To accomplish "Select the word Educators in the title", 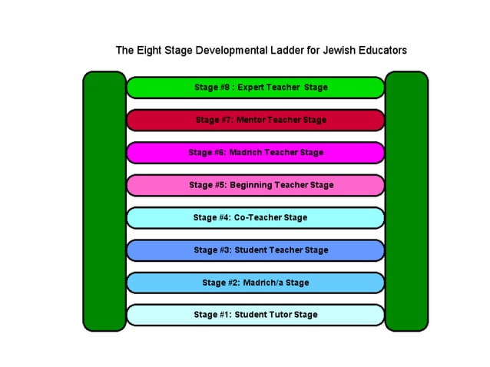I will (379, 51).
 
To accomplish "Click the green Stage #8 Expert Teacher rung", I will (255, 88).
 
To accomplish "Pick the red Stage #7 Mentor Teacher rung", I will (255, 120).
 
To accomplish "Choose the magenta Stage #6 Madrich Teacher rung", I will (255, 153).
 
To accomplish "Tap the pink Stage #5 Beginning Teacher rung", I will (255, 185).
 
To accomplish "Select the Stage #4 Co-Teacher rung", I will (255, 218).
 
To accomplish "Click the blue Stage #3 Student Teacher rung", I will (255, 250).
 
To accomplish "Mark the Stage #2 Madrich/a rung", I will (255, 283).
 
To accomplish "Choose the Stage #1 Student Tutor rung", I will (255, 315).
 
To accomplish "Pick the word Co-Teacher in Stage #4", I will (258, 218).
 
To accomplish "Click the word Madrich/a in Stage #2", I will (264, 283).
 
